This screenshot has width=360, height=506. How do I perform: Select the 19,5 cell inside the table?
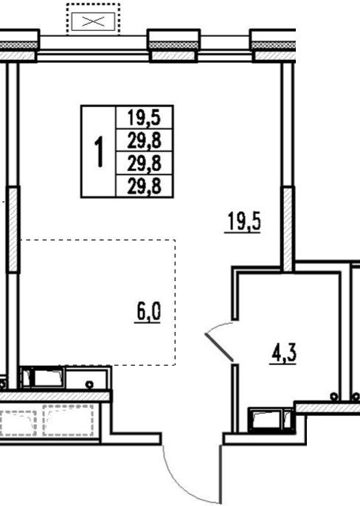tap(145, 117)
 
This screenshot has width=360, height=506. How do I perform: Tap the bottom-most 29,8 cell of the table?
tap(145, 186)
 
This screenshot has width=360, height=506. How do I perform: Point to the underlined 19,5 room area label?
tap(243, 222)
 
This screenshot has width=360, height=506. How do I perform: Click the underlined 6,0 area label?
tap(148, 312)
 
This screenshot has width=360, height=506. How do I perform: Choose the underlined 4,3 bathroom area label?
tap(283, 353)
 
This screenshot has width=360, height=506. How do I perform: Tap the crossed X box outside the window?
tap(93, 21)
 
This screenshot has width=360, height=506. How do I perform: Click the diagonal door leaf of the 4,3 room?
tap(218, 347)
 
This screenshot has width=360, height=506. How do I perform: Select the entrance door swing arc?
tap(181, 482)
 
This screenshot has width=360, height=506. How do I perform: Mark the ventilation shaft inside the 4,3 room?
tap(271, 420)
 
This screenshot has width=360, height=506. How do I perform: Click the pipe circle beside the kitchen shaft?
tap(89, 385)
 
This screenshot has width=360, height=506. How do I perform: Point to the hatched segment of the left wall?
tap(13, 229)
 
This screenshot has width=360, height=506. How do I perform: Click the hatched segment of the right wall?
tap(288, 229)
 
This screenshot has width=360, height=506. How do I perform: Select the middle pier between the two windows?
tap(173, 45)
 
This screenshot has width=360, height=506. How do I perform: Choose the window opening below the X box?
tap(93, 49)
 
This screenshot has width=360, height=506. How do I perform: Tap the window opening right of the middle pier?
tap(225, 49)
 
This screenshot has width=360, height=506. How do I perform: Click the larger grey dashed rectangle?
tap(69, 420)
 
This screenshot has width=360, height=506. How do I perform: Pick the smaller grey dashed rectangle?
tap(18, 423)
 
